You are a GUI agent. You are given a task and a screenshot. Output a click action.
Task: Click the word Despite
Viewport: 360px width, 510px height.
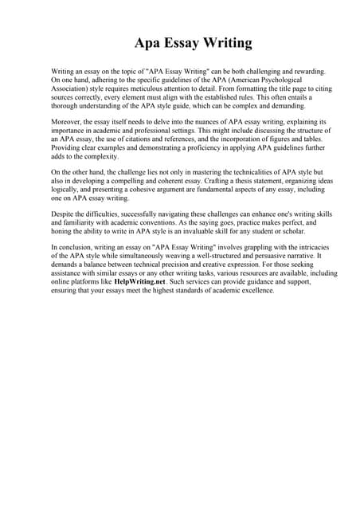pyautogui.click(x=65, y=215)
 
